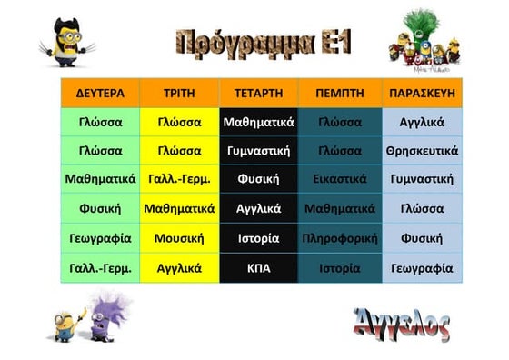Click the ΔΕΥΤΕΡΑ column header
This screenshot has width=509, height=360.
coord(100,93)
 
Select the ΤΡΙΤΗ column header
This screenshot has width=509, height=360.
coord(179,93)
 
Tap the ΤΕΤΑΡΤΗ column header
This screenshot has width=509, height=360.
coord(258,93)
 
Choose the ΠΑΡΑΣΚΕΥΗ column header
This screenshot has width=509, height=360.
coord(422,93)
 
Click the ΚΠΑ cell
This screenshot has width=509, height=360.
coord(258,268)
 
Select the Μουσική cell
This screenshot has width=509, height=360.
coord(179,239)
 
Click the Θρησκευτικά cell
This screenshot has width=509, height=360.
coord(422,151)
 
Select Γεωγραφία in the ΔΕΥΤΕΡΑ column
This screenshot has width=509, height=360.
coord(100,239)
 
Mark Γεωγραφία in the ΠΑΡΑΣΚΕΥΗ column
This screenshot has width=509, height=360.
coord(422,268)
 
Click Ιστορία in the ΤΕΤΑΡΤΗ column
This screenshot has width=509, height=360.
coord(258,239)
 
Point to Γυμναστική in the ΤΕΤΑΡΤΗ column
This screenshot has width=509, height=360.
coord(258,151)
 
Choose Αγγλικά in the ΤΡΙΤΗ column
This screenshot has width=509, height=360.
coord(179,268)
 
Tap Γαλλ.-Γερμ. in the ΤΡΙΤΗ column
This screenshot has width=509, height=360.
coord(179,180)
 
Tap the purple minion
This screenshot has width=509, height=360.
coord(107,312)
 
